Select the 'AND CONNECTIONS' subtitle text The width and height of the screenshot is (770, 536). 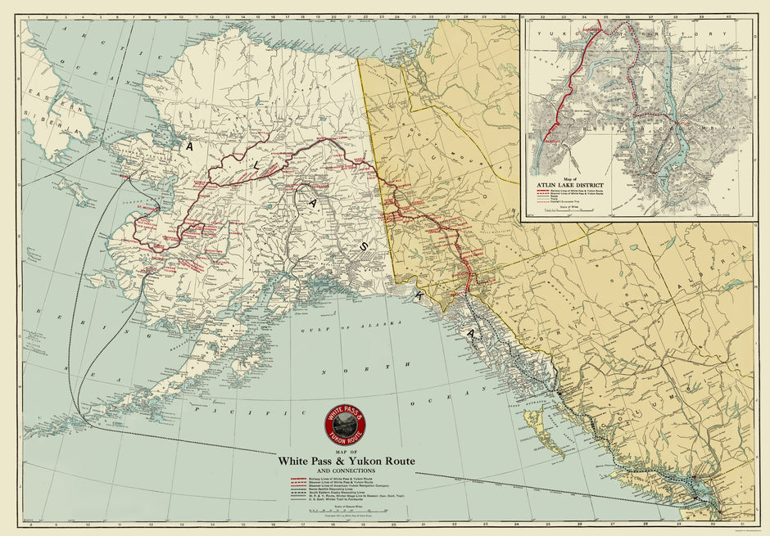[x=346, y=471]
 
